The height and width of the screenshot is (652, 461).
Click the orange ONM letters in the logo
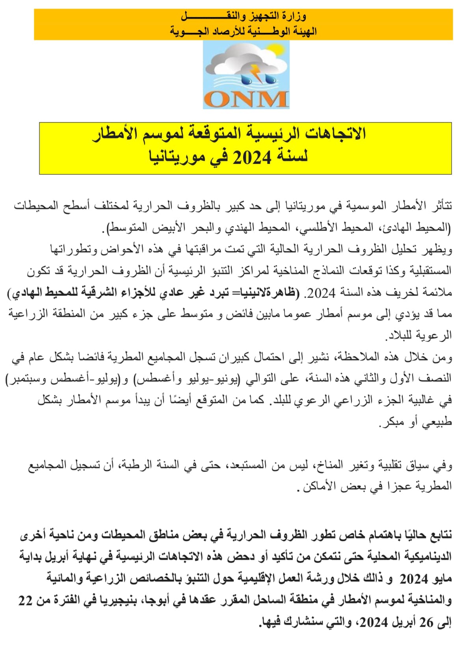(246, 99)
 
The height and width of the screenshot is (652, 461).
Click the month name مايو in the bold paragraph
(442, 579)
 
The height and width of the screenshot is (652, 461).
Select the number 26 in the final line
(427, 622)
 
